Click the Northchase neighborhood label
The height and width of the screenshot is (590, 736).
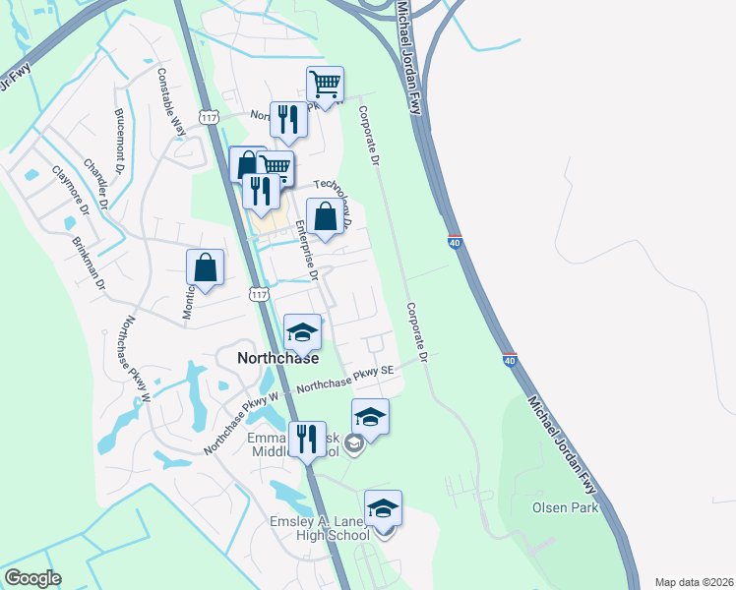[278, 359]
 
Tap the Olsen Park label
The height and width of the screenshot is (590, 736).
[559, 507]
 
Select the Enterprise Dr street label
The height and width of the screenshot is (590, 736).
[307, 251]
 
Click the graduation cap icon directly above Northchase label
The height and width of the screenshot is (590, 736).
[302, 332]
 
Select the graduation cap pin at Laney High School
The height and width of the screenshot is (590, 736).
[383, 508]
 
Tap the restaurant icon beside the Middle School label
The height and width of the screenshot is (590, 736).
[307, 439]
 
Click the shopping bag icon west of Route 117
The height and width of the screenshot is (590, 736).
[205, 267]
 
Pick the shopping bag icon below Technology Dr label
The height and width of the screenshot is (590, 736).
[325, 217]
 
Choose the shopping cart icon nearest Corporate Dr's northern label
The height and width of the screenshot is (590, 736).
[325, 85]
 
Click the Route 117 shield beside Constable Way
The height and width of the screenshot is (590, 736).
[208, 117]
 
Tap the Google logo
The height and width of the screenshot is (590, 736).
[32, 578]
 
